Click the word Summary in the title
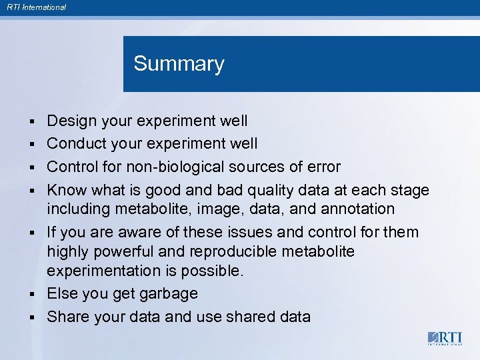(x=179, y=64)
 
